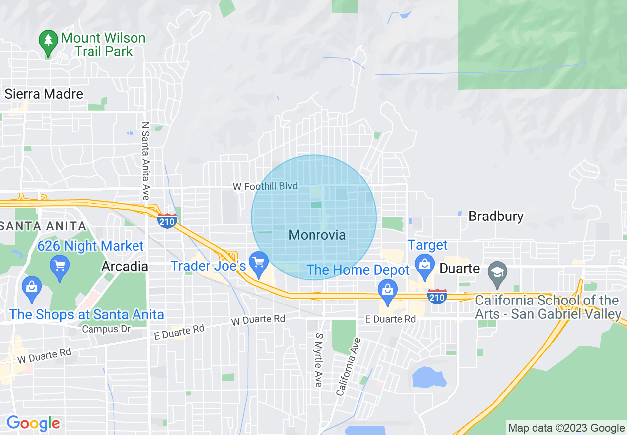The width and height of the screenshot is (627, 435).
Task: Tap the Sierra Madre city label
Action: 44,94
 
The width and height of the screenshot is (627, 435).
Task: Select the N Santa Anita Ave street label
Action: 145,161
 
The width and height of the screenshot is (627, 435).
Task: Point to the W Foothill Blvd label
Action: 266,186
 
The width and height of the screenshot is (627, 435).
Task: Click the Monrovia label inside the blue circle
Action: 317,235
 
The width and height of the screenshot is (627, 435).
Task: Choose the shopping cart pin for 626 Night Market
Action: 60,267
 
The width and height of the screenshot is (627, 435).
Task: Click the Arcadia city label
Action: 125,267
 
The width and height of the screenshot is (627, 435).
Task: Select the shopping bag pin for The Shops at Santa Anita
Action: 32,288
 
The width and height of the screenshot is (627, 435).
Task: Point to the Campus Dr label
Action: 100,329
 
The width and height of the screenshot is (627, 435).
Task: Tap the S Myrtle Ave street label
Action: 319,359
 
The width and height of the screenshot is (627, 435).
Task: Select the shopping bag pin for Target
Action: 424,263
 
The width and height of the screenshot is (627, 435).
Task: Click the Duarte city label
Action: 459,268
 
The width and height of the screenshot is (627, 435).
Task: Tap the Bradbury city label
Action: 495,217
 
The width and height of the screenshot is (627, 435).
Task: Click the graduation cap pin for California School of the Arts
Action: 497,273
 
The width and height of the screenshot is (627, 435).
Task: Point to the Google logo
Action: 33,423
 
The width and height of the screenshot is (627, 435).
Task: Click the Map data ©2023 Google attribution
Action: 566,428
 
